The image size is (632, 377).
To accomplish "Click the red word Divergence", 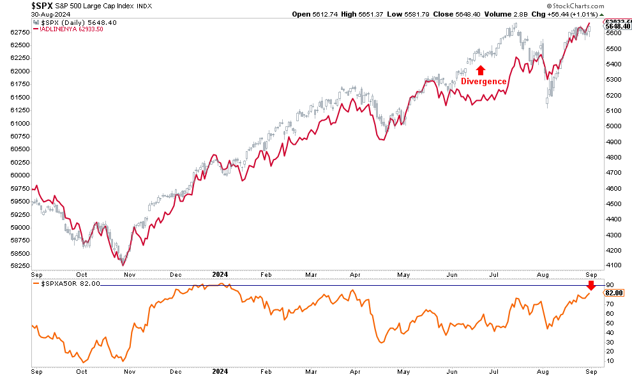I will pyautogui.click(x=484, y=82).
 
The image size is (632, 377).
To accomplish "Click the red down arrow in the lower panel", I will pyautogui.click(x=592, y=285).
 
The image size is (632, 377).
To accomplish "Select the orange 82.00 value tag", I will pyautogui.click(x=613, y=293).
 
